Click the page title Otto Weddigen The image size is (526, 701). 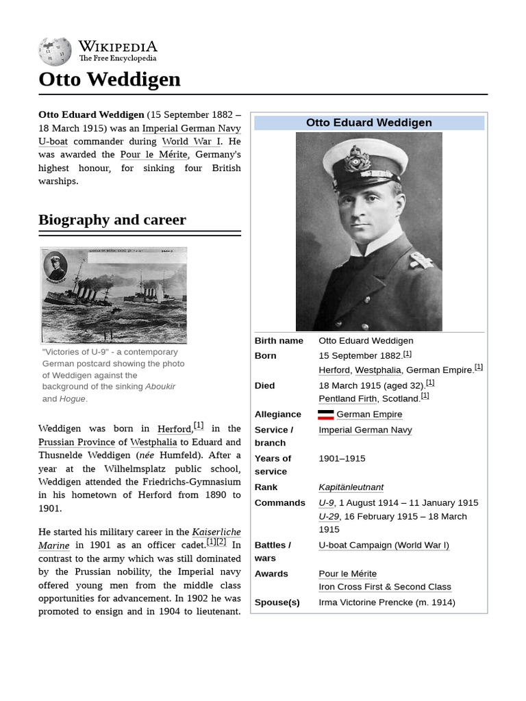click(x=110, y=79)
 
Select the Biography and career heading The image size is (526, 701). click(x=112, y=220)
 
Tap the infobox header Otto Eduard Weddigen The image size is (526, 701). click(x=368, y=123)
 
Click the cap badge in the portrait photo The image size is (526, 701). click(x=357, y=159)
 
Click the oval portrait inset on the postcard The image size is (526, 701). click(x=55, y=266)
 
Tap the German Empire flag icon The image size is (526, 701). click(x=326, y=414)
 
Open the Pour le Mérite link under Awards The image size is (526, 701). click(x=347, y=574)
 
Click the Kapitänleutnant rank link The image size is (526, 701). click(x=351, y=487)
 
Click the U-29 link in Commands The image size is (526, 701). click(x=329, y=516)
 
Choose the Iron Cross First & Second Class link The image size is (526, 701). click(x=385, y=587)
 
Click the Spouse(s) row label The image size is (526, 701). click(x=277, y=602)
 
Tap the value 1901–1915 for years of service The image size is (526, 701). click(x=342, y=459)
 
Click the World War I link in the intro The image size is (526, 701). click(x=191, y=142)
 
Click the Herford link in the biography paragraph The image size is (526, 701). click(x=174, y=429)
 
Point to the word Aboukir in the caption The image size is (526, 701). click(x=160, y=387)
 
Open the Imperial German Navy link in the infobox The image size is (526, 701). click(x=365, y=430)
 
